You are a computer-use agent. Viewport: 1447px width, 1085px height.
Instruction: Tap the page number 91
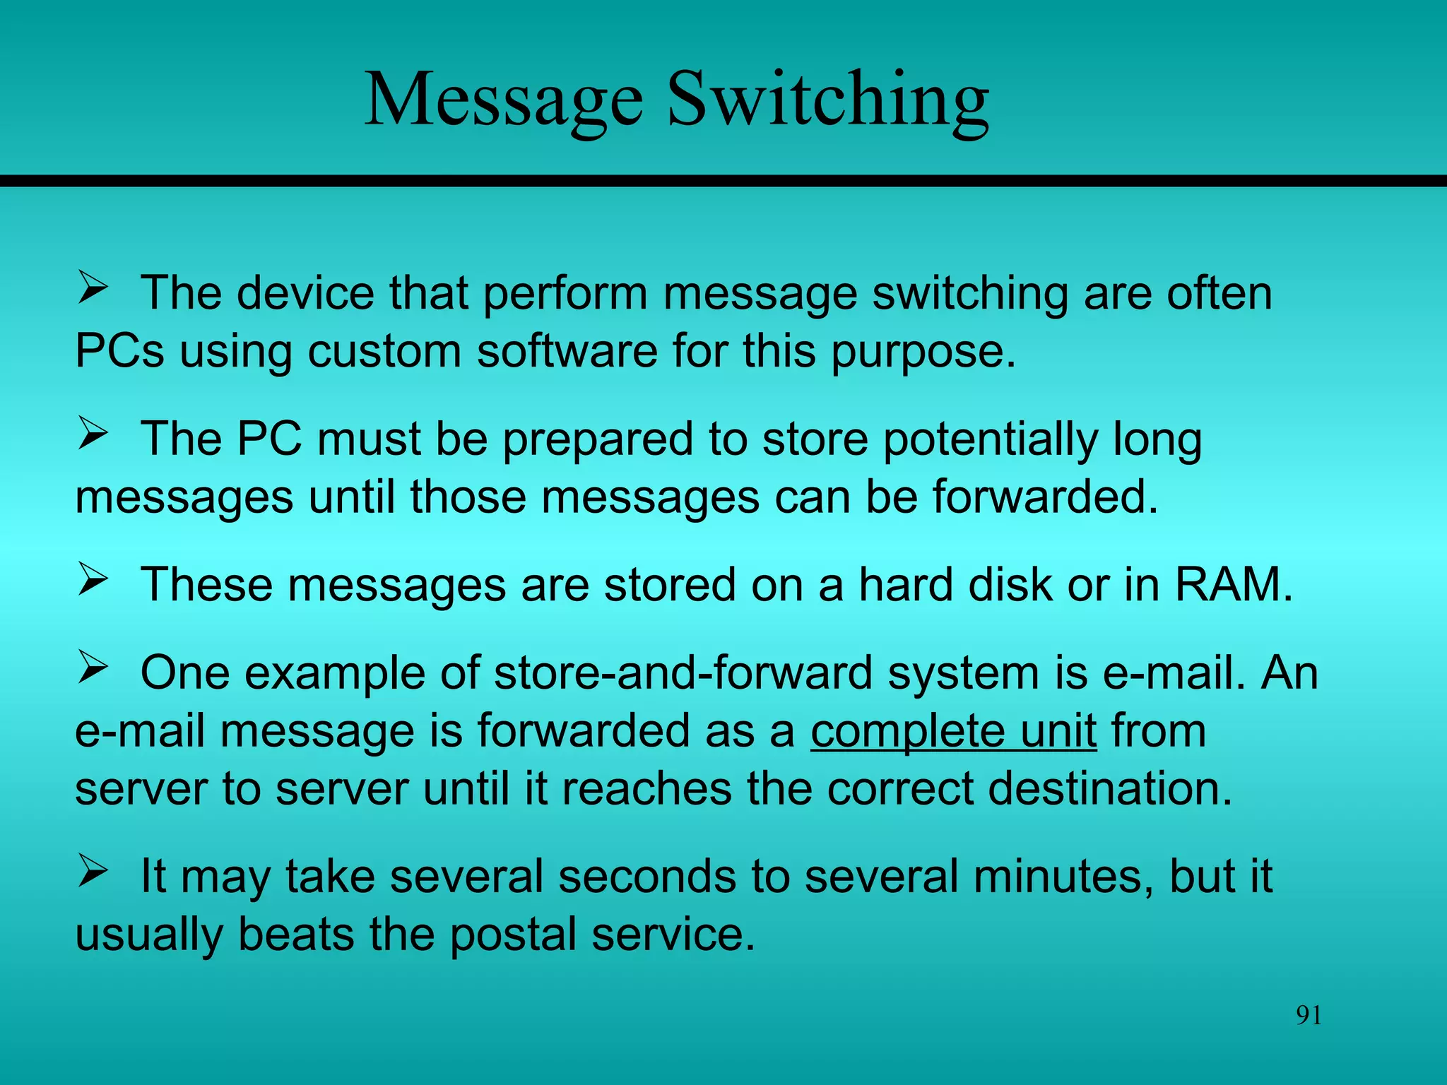point(1309,1015)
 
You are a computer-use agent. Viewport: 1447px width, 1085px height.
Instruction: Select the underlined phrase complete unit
point(953,730)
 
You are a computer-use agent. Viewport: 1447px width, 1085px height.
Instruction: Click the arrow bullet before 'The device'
point(93,288)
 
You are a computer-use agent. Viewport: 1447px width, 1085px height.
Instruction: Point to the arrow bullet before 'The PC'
point(93,434)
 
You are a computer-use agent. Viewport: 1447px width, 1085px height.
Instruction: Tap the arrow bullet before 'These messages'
point(93,580)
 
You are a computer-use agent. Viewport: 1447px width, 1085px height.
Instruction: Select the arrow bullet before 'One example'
point(93,668)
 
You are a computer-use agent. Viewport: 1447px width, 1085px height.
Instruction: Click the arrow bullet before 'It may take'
point(93,871)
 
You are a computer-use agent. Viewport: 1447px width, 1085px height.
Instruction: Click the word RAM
point(1233,585)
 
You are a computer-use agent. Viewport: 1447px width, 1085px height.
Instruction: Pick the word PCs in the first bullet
point(119,351)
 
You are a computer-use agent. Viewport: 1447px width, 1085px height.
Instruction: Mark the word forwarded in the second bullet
point(1044,497)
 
